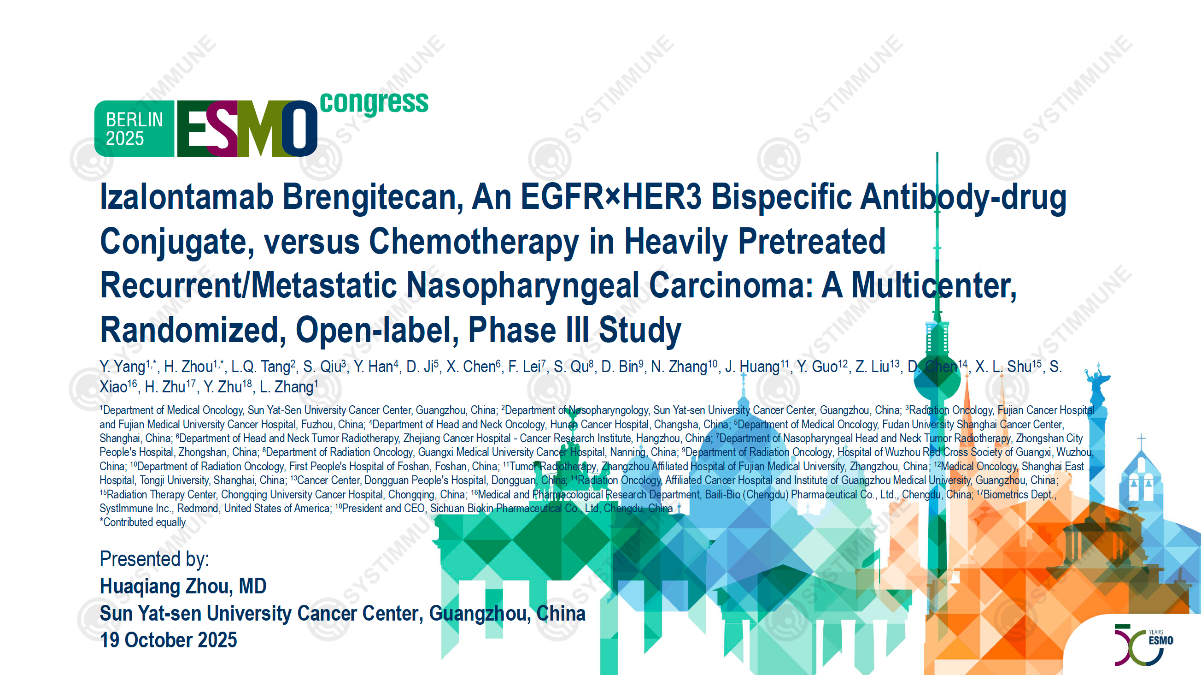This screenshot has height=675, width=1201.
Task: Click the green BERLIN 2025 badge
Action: (x=134, y=128)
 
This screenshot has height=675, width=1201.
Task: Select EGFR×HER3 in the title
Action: (x=611, y=196)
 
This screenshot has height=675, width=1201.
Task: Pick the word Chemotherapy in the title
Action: (x=474, y=242)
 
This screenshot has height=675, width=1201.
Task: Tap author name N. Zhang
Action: (x=684, y=367)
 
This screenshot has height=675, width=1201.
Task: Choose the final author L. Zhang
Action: (x=288, y=387)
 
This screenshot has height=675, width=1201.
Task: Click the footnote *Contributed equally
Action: (x=143, y=522)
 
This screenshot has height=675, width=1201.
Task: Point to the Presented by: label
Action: (x=154, y=559)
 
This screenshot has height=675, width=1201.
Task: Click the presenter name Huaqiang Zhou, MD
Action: (x=183, y=586)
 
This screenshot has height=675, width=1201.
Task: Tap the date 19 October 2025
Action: (x=168, y=640)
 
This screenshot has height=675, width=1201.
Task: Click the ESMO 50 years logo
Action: (x=1144, y=645)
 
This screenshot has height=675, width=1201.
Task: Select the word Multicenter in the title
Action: (x=934, y=285)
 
